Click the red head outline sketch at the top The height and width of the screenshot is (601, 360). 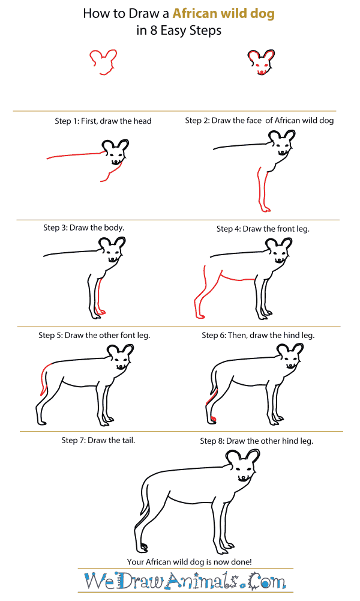click(103, 61)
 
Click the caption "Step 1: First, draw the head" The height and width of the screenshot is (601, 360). click(103, 121)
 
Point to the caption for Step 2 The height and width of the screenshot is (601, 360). click(259, 120)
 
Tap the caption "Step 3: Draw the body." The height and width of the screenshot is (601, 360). click(83, 228)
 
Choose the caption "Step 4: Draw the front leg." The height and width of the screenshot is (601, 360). click(263, 229)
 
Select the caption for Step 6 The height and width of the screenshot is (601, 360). click(258, 335)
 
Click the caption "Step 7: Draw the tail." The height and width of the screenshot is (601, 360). click(98, 440)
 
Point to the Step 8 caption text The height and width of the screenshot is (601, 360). click(256, 441)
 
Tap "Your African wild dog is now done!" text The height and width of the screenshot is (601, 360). click(190, 561)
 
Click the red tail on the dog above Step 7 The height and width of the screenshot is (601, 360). click(43, 378)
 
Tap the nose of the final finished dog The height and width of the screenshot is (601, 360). click(242, 477)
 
